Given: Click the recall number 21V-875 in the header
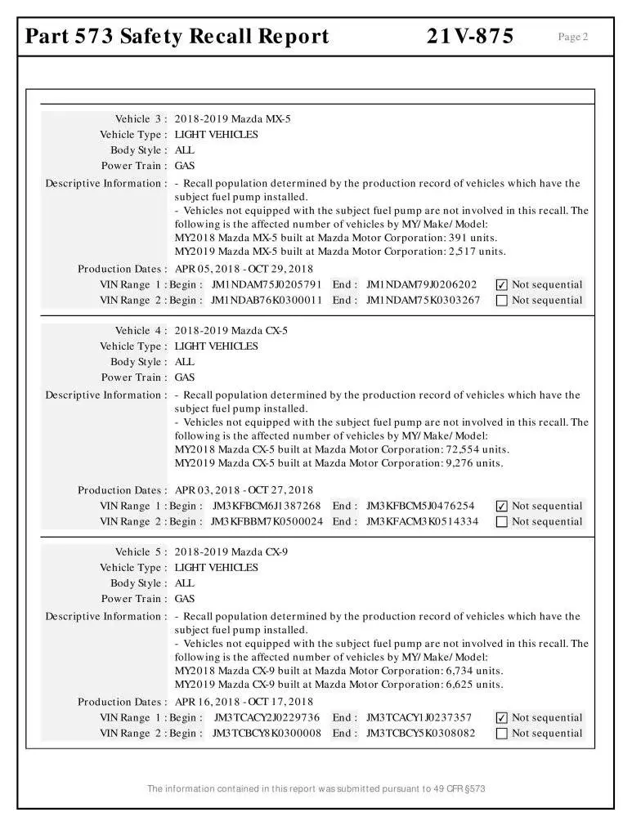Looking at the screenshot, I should [x=470, y=36].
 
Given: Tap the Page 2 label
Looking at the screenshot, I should [x=572, y=37].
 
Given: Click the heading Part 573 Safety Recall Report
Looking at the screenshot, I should [x=177, y=36].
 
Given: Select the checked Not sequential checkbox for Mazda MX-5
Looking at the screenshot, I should [x=502, y=285].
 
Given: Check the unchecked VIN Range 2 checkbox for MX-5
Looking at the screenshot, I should [x=502, y=301].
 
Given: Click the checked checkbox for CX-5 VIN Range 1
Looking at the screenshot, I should [x=502, y=507].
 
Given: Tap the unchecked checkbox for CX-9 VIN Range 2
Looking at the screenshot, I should [x=502, y=734].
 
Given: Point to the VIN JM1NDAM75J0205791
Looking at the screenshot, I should [x=266, y=285].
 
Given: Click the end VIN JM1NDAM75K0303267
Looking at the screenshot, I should [x=423, y=301].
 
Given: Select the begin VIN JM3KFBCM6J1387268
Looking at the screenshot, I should [x=267, y=507].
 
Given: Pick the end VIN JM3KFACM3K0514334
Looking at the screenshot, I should [x=422, y=522].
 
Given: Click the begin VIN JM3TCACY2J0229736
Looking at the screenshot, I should [x=267, y=718].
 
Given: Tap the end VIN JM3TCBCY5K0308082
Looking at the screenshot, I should [x=420, y=734].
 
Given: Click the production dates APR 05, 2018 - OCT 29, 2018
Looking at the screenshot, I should [x=244, y=269].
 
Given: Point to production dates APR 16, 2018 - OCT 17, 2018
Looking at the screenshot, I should [x=244, y=702].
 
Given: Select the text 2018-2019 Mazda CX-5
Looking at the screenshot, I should [x=231, y=331].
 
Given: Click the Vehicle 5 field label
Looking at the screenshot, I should [x=141, y=552].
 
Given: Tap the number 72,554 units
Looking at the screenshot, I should [x=478, y=449].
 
